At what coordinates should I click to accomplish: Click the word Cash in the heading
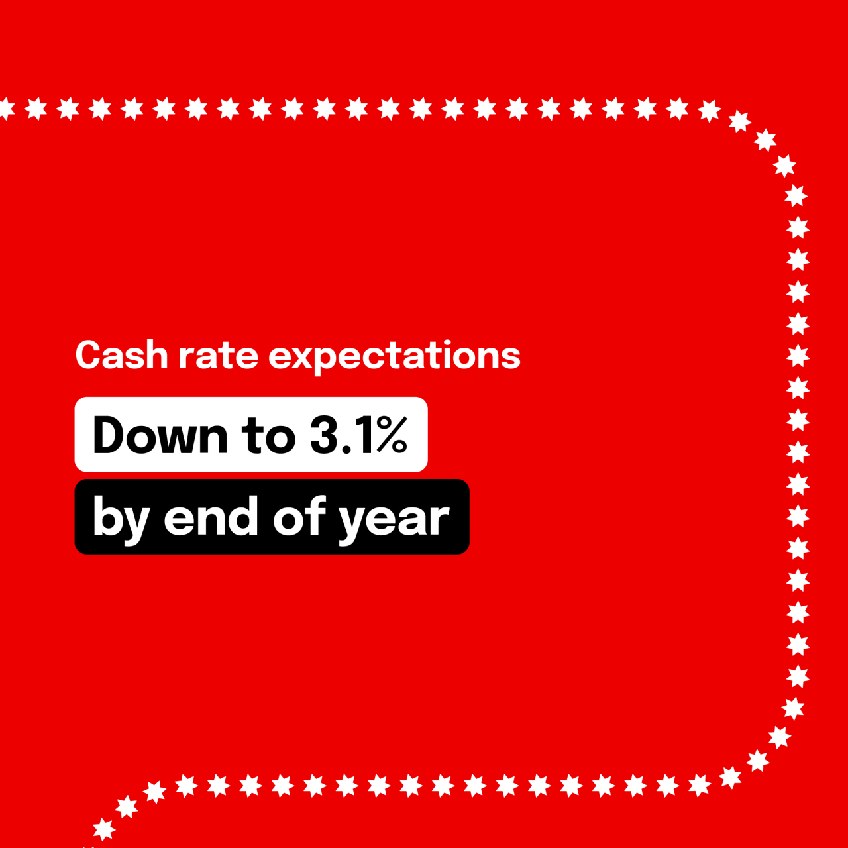pos(122,356)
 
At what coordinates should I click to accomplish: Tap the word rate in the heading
pos(218,356)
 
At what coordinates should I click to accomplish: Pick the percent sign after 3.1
pos(391,435)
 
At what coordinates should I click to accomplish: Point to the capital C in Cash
pos(89,356)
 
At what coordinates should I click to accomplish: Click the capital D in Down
pos(109,435)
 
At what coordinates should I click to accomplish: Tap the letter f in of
pos(317,514)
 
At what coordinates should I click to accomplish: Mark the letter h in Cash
pos(158,356)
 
